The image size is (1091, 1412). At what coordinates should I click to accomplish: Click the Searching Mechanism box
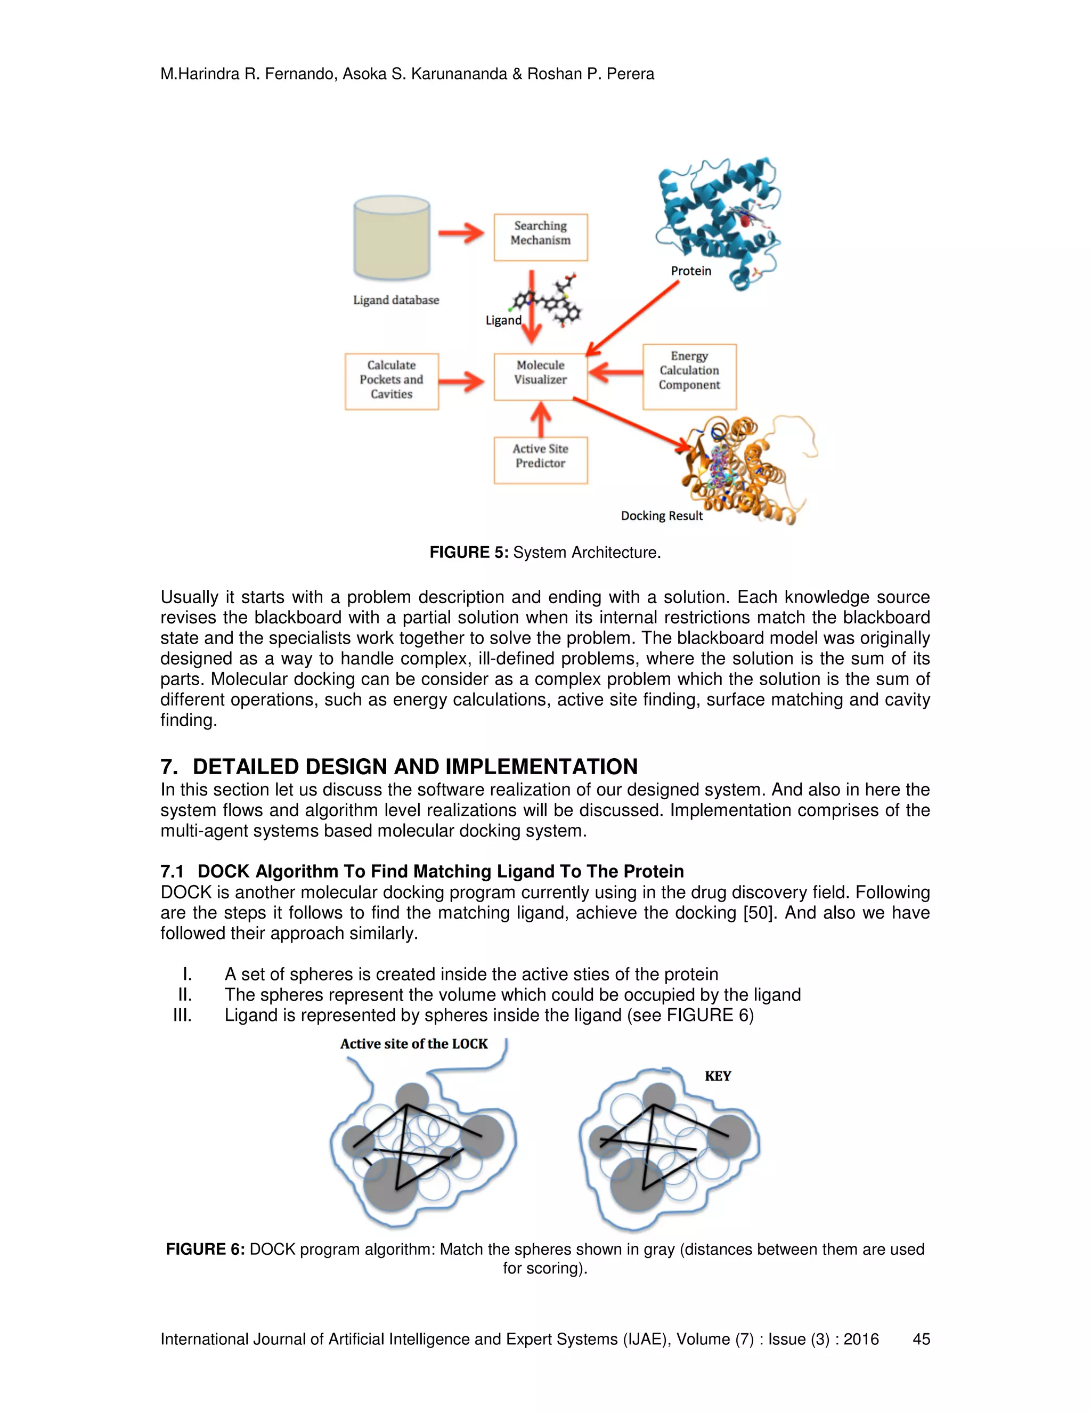[x=540, y=237]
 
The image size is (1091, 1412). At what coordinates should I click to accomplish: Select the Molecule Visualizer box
[x=540, y=376]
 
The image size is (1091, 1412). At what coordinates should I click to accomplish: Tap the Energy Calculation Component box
[x=689, y=376]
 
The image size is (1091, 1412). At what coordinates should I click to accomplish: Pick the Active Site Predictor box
[x=540, y=460]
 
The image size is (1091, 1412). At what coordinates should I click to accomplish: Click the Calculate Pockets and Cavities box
[x=392, y=381]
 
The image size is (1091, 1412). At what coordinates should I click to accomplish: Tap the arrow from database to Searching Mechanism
[x=461, y=233]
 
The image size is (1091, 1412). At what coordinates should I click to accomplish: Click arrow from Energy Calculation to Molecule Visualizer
[x=615, y=372]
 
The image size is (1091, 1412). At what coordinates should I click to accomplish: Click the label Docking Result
[x=661, y=516]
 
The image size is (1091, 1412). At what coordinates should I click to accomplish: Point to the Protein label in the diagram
[x=690, y=271]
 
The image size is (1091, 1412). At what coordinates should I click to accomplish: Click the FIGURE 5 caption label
[x=469, y=553]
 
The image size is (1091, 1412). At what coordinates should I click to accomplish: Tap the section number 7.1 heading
[x=172, y=872]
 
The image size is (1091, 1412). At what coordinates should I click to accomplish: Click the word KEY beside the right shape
[x=718, y=1076]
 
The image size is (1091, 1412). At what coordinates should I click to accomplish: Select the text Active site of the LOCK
[x=413, y=1043]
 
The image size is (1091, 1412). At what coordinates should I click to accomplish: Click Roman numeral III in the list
[x=182, y=1015]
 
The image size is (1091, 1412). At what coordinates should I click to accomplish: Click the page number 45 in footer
[x=921, y=1339]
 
